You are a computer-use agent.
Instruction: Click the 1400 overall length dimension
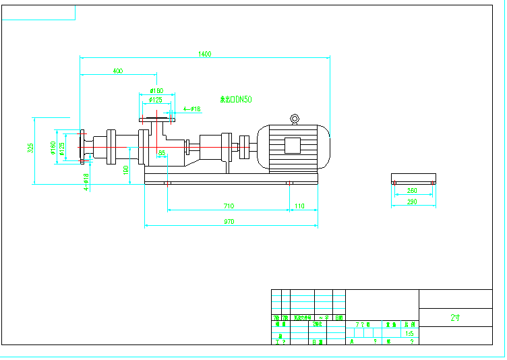click(205, 53)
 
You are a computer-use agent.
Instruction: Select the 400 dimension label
click(117, 70)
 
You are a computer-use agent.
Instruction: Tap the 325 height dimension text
click(30, 148)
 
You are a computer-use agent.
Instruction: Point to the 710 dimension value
click(229, 206)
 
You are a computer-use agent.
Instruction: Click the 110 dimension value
click(299, 206)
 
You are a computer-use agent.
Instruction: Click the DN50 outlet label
click(237, 99)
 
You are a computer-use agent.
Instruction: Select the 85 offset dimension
click(161, 153)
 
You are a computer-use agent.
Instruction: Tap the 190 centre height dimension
click(126, 170)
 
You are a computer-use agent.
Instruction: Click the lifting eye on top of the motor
click(295, 120)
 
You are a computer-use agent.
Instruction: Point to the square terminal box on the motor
click(293, 145)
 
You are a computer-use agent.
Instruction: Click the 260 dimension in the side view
click(412, 191)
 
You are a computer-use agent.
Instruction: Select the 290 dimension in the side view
click(412, 202)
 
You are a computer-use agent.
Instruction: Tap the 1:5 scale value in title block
click(409, 333)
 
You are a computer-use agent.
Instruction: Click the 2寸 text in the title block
click(455, 318)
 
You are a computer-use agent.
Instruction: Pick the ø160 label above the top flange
click(156, 90)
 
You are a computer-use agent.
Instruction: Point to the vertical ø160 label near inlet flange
click(53, 147)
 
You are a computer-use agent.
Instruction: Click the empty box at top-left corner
click(38, 12)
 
